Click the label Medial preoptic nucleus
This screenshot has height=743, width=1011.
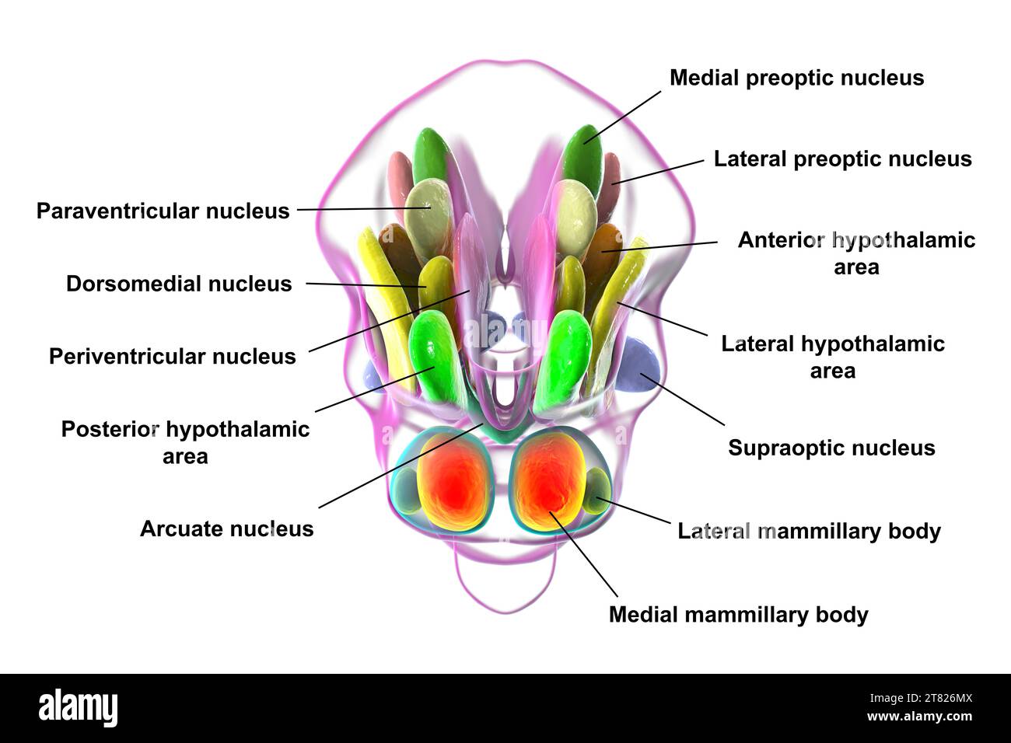coord(796,78)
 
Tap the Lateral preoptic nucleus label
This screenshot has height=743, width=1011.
coord(842,159)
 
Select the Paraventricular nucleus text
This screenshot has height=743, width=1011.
coord(163,211)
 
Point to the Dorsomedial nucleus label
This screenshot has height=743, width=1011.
coord(179,284)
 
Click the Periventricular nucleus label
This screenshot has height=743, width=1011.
coord(172,356)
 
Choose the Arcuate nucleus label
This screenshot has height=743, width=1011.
coord(226,528)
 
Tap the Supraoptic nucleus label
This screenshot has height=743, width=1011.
coord(831,448)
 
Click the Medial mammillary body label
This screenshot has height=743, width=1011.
coord(738,614)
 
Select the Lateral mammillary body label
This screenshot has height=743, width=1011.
coord(809,531)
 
